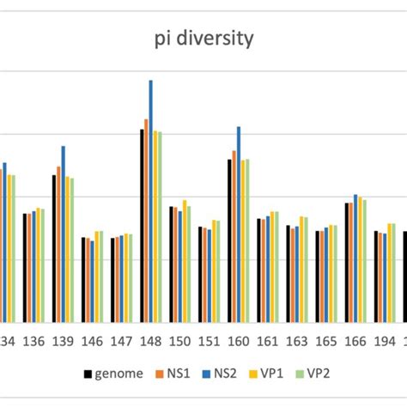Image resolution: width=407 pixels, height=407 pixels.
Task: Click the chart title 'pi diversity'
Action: tap(203, 39)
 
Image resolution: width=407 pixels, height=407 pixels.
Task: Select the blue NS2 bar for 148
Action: tap(150, 202)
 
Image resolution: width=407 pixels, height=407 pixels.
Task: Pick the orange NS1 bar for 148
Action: tap(146, 221)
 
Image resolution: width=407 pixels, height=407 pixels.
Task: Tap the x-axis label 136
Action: tap(34, 341)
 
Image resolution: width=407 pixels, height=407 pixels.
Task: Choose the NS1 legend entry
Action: tap(173, 374)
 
